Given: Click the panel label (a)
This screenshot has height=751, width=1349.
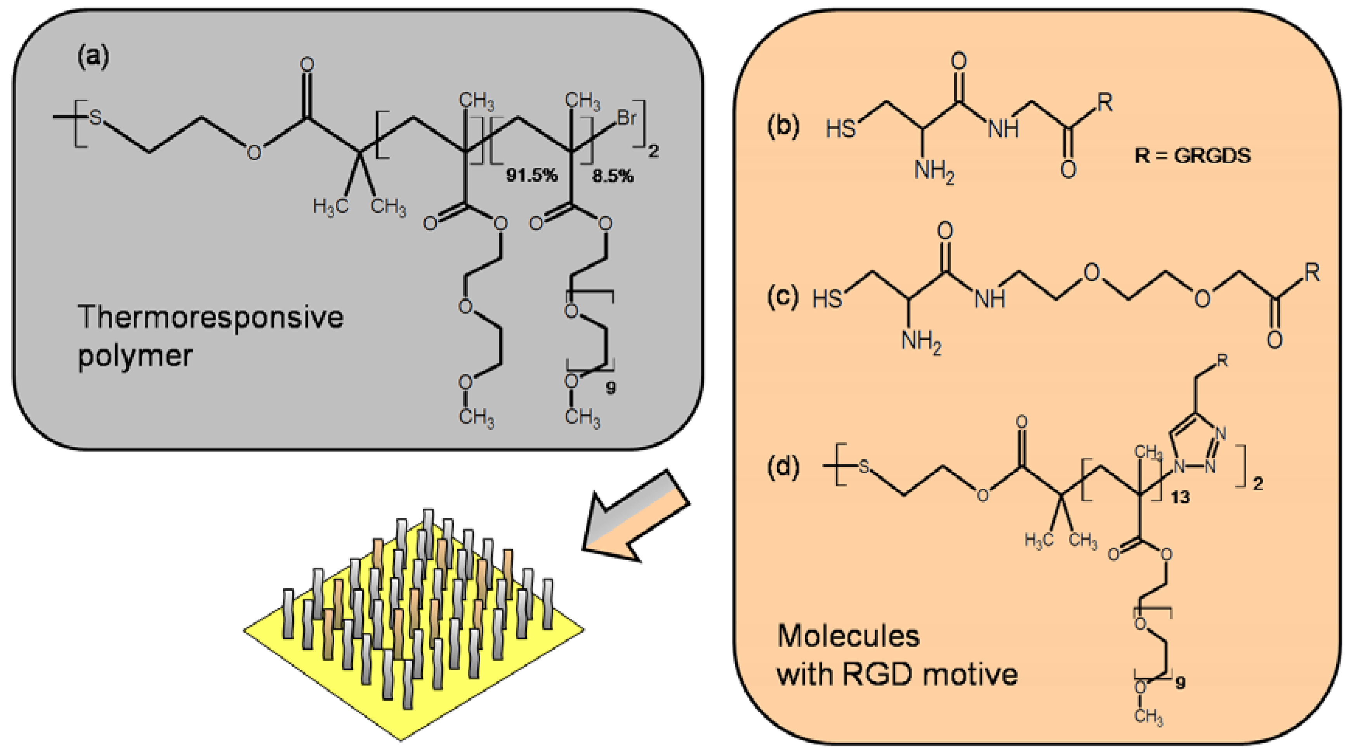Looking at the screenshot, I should click(x=93, y=57).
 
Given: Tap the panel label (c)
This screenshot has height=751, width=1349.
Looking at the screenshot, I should click(x=783, y=296).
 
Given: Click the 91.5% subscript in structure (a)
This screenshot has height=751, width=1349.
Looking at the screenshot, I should click(x=531, y=175).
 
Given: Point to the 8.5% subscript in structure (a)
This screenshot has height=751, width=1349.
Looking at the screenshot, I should click(x=613, y=176).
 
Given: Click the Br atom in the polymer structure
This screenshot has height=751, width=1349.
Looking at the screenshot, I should click(x=627, y=118).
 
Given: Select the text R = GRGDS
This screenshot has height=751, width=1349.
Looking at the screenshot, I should click(x=1193, y=156).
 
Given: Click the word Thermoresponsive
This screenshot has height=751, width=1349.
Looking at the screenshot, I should click(x=210, y=317).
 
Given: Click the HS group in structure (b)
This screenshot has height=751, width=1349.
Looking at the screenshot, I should click(x=840, y=129).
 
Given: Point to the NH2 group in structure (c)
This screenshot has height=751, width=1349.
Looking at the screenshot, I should click(x=921, y=342).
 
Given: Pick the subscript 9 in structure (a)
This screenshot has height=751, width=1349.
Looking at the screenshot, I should click(x=611, y=388).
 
